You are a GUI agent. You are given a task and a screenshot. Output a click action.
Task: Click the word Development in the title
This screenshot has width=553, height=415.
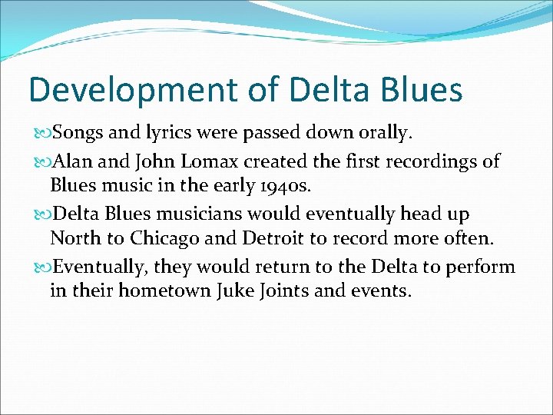[132, 90]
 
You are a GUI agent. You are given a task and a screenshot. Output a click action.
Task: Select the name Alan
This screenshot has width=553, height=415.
[71, 161]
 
